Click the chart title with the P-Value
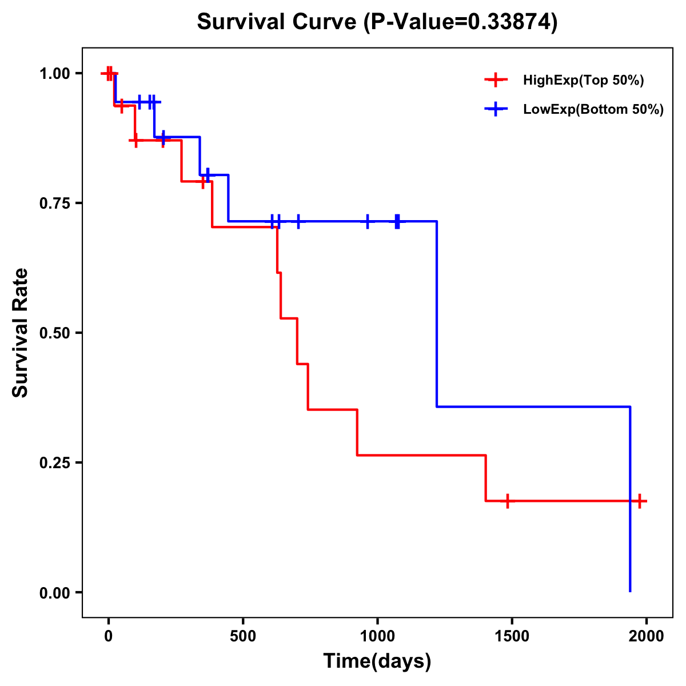[x=377, y=22]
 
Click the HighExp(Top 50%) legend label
[x=583, y=81]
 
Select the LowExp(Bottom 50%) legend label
[x=593, y=110]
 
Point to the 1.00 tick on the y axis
[x=54, y=74]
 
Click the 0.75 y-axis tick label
[x=54, y=204]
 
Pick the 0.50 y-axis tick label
[x=54, y=333]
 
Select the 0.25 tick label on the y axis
[x=54, y=463]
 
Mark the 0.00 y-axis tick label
[x=54, y=593]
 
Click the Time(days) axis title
[x=377, y=661]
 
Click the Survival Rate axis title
[x=21, y=333]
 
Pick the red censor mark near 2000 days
[x=640, y=501]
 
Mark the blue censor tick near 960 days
[x=367, y=221]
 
